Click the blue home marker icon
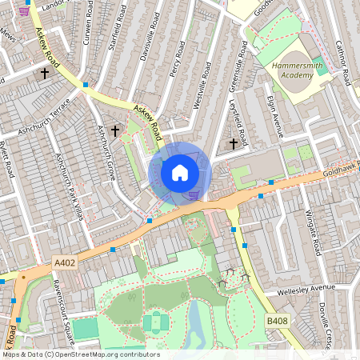tap(180, 173)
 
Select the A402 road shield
tap(66, 262)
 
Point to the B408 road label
tap(277, 321)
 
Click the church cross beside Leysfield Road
tap(234, 143)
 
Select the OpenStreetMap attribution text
tap(81, 354)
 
